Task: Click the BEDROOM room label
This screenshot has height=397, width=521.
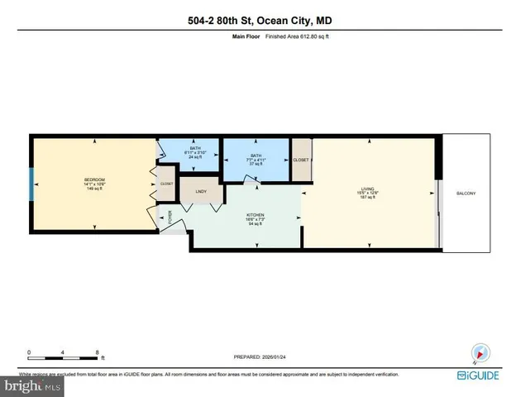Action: tap(93, 179)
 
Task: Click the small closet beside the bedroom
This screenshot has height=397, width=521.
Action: tap(167, 184)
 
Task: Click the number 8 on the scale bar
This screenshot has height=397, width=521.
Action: tap(98, 353)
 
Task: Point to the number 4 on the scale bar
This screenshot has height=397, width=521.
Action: tap(64, 353)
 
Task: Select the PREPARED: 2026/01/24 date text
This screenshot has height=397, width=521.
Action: tap(260, 357)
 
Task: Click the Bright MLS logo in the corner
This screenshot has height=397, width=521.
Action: tap(33, 385)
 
